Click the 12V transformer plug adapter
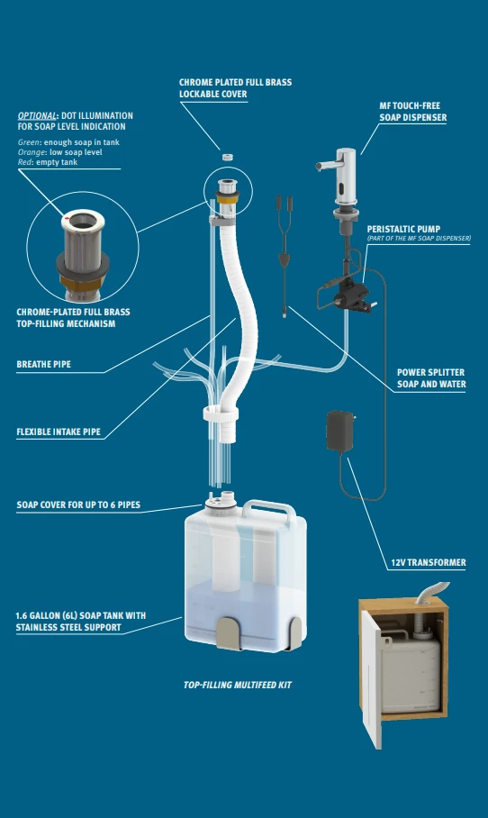pos(340,431)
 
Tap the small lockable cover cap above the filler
pos(227,157)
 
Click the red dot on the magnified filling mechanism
pos(67,217)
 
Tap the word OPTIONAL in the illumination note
pos(37,116)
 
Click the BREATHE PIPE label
pos(44,364)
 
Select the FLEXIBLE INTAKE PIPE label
pos(59,432)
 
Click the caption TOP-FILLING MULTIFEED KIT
pos(237,685)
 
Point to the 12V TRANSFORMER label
pos(429,562)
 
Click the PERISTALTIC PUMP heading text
pos(403,229)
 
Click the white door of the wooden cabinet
pos(372,678)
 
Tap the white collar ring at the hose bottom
pos(221,414)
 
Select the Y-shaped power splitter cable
pos(283,256)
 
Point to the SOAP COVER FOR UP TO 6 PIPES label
pos(78,505)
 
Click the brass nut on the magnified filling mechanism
pos(83,281)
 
